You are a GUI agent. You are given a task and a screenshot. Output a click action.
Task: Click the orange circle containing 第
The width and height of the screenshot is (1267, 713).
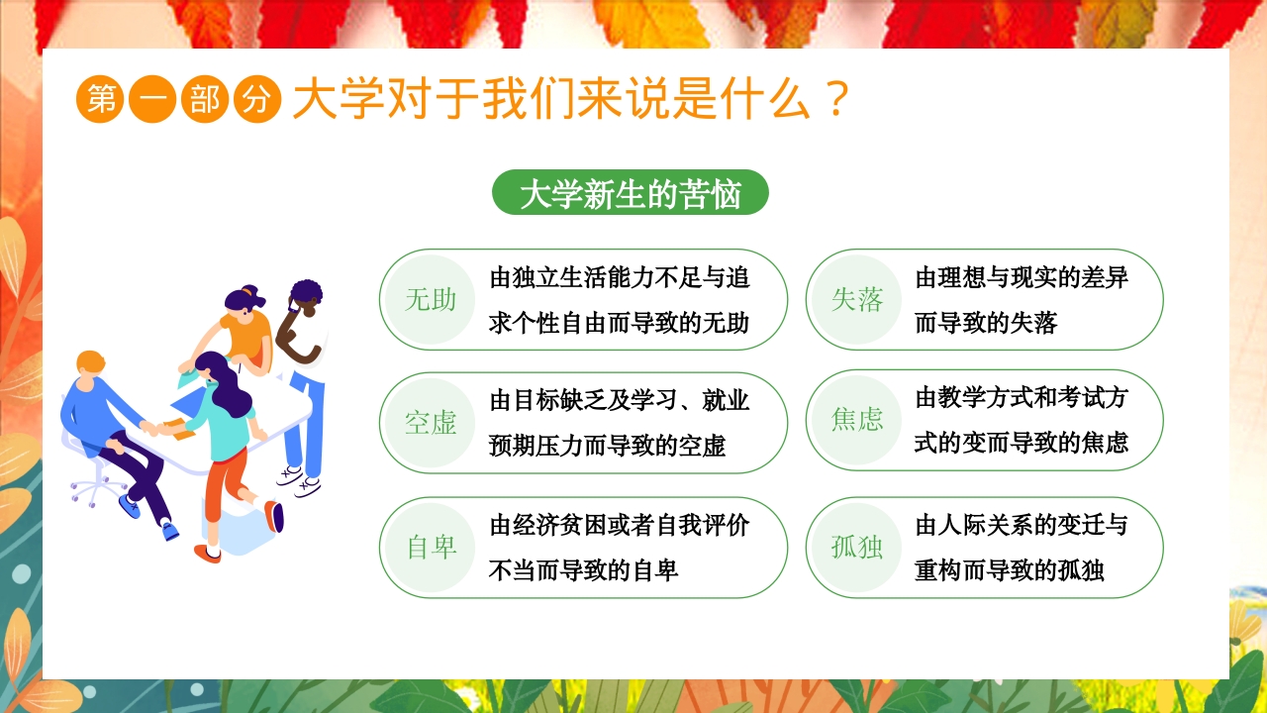tap(100, 101)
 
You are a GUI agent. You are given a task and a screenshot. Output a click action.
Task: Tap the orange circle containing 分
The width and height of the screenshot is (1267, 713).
tap(257, 101)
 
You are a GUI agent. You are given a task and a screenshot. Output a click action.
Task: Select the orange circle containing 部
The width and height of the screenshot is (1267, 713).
tap(205, 101)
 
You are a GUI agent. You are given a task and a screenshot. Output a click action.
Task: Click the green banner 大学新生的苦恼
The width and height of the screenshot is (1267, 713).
tap(630, 194)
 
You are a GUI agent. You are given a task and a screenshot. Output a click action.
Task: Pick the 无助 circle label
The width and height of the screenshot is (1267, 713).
tap(431, 300)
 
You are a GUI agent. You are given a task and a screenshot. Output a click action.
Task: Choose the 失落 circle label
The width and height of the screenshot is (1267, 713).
tap(857, 300)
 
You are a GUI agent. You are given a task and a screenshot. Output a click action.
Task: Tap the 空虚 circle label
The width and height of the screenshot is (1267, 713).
tap(431, 423)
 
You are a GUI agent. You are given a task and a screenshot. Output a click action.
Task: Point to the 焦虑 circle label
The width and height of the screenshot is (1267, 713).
tap(857, 420)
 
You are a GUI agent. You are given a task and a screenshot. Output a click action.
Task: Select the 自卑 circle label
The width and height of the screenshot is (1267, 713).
tap(431, 548)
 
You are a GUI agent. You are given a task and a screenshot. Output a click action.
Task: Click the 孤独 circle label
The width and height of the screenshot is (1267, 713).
tap(857, 547)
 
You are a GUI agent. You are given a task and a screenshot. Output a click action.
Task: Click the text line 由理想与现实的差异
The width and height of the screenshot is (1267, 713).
tap(1022, 277)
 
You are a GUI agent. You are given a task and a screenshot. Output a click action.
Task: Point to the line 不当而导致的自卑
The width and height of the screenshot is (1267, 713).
tap(584, 570)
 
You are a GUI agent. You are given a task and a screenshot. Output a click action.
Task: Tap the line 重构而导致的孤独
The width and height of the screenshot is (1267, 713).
tap(1010, 570)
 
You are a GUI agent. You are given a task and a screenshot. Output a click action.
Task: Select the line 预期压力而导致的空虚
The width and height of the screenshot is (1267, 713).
tap(607, 446)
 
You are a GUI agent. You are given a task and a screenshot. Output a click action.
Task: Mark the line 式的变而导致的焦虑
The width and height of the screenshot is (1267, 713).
tap(1022, 443)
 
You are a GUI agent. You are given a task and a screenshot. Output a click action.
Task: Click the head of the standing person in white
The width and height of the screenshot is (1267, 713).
tap(305, 298)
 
